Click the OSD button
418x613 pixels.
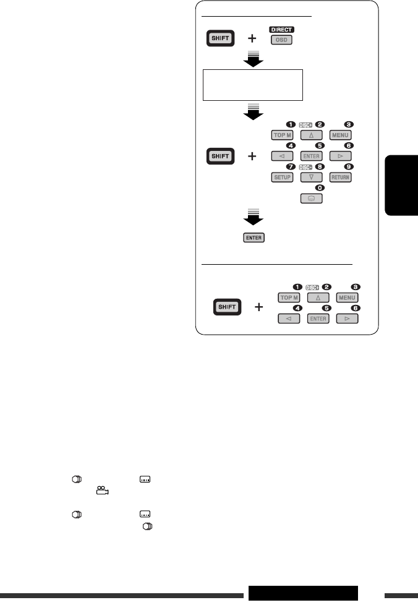281,40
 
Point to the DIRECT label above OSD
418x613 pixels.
281,29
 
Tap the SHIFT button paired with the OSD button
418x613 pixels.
220,38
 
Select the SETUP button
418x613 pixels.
281,177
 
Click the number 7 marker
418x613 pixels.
288,166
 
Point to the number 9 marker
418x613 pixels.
349,166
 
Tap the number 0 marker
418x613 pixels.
318,187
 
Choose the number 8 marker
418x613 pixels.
318,166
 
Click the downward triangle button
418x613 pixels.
311,177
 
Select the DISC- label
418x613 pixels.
306,166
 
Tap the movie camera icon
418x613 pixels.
102,491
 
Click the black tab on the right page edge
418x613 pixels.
401,185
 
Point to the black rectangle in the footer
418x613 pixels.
303,593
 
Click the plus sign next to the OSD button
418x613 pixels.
252,38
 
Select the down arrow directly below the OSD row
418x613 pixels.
252,59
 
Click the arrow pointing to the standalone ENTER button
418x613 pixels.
252,218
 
